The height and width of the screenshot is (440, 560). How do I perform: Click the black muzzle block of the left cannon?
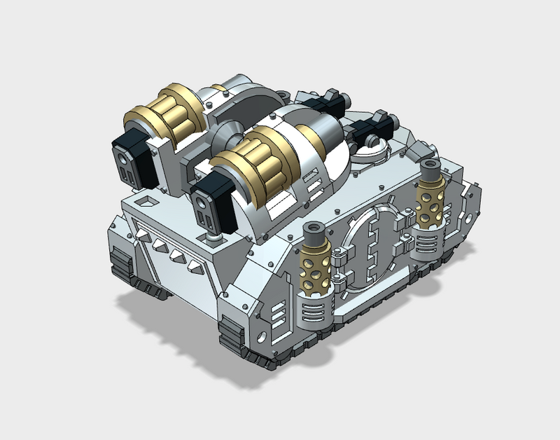coord(129,156)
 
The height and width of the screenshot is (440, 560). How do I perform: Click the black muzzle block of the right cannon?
coord(211,204)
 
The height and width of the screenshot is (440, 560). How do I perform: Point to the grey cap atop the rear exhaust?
coord(429,168)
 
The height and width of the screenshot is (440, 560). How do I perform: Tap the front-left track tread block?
coord(119,263)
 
